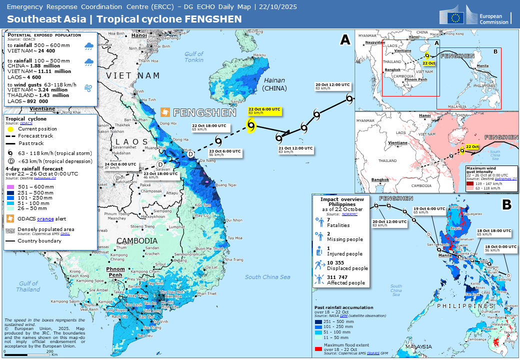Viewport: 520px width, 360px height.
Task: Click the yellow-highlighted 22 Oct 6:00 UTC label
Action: click(x=264, y=110)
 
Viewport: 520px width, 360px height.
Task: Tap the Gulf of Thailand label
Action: click(x=28, y=286)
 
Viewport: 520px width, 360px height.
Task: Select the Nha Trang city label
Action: click(x=234, y=260)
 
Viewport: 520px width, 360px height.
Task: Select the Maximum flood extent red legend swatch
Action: click(x=318, y=345)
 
